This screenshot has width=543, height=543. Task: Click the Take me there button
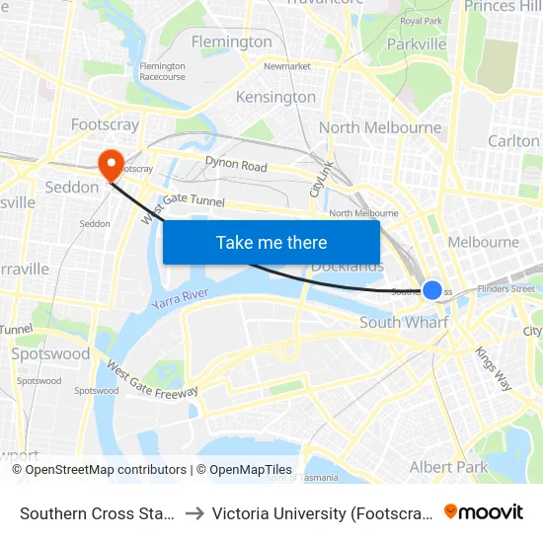[271, 242]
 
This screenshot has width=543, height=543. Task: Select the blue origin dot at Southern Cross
[432, 290]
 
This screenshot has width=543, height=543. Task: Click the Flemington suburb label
[231, 41]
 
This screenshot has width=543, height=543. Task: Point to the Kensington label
[275, 97]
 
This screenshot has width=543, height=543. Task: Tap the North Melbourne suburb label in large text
[380, 127]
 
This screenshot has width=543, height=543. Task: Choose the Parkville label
[417, 43]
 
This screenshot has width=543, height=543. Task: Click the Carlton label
[513, 141]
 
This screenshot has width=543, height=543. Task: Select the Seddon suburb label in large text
[71, 187]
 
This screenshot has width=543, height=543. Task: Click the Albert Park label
[448, 466]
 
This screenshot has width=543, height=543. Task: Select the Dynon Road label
[236, 165]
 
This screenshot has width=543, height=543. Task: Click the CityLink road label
[319, 177]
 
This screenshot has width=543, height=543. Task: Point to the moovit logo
[484, 511]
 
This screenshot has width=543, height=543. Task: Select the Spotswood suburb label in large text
[49, 353]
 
